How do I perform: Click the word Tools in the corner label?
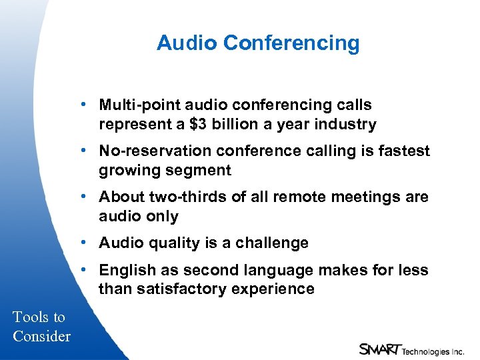31,317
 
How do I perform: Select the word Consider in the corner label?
41,336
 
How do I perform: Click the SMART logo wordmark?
379,349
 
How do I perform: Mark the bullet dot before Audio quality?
84,243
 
